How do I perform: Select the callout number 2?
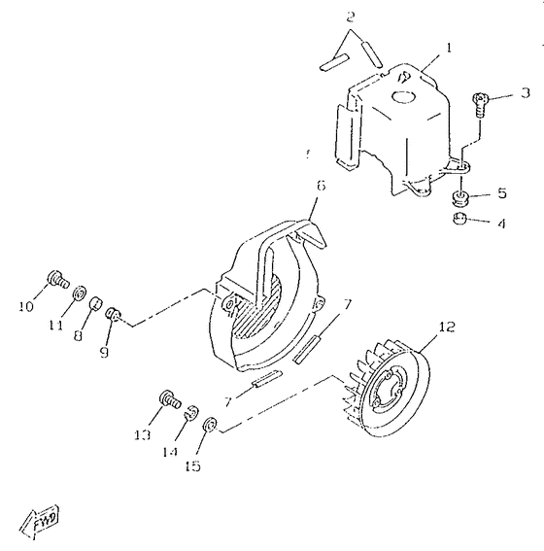point(351,17)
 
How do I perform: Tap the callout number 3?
point(525,93)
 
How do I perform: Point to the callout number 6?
point(321,184)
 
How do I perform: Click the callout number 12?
point(446,327)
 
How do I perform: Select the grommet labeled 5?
point(459,198)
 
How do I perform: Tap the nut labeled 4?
point(458,221)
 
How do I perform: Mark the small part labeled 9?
point(114,315)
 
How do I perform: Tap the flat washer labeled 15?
point(209,424)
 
